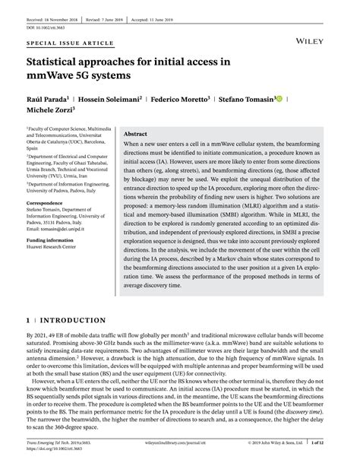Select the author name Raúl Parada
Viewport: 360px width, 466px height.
47,99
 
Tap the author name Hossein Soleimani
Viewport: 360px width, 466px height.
112,99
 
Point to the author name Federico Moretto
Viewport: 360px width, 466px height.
180,99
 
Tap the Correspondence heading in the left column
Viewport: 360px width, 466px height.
44,203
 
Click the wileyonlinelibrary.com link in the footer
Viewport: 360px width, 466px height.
182,440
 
